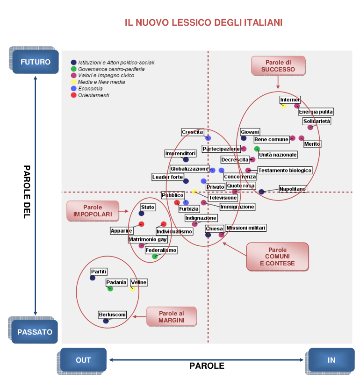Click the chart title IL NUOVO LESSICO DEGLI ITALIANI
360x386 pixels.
pos(203,22)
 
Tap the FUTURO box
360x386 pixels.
pos(36,62)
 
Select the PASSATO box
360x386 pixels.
pos(35,332)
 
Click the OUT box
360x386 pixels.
pos(83,360)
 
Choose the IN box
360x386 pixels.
pos(331,360)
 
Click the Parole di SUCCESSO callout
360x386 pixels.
pos(278,66)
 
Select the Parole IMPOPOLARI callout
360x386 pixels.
pos(92,211)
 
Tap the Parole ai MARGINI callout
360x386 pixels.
pos(171,316)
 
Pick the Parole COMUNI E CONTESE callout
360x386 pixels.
pos(277,257)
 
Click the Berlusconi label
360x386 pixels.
pos(112,315)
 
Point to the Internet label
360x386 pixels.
pos(290,100)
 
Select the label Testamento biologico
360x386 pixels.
pos(285,171)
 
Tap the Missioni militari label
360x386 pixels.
pos(246,228)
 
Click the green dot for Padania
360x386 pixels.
pos(110,289)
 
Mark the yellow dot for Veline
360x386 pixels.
pos(133,289)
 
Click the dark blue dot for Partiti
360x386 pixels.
pos(93,278)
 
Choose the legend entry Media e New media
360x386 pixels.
pos(101,82)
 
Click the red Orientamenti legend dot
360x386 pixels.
pos(73,95)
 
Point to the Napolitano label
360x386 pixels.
pos(293,189)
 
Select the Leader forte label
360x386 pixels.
pos(167,177)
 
